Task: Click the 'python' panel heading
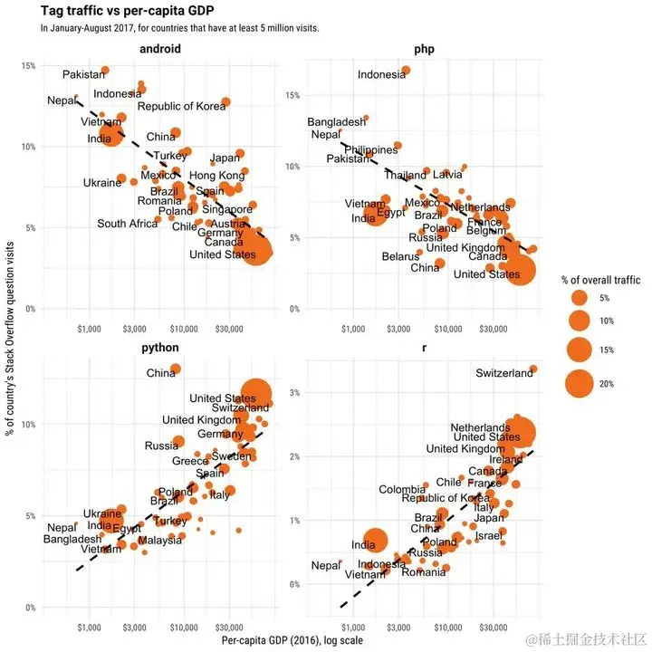[x=160, y=347]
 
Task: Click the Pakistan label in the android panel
[x=83, y=74]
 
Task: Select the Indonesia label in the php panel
[x=381, y=75]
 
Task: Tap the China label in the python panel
[x=161, y=373]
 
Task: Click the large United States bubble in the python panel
[x=256, y=394]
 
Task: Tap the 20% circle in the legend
[x=580, y=384]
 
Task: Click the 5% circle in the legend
[x=580, y=297]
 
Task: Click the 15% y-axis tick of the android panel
[x=29, y=66]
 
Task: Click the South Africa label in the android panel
[x=128, y=224]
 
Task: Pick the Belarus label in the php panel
[x=400, y=256]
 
